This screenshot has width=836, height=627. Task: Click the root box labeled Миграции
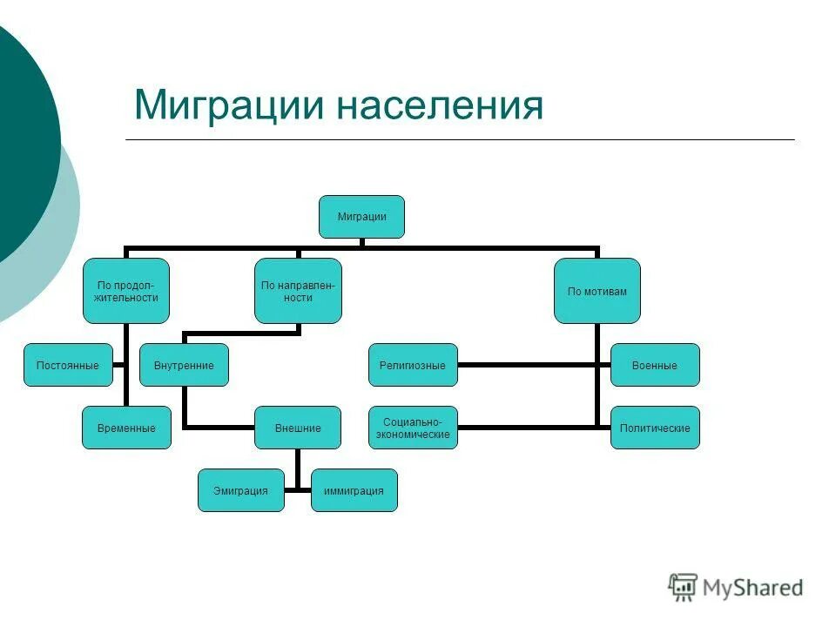coord(361,217)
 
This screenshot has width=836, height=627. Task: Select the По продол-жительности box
coord(126,291)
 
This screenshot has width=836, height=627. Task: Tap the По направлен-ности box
coord(298,291)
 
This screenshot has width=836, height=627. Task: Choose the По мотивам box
coord(597,291)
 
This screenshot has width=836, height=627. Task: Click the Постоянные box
coord(68,365)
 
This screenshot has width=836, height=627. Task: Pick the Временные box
coord(126,428)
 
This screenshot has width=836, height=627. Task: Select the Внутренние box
coord(184,365)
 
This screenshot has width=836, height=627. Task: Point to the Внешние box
coord(298,428)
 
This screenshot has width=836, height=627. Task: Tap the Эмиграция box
coord(240,490)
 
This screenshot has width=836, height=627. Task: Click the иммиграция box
coord(354,490)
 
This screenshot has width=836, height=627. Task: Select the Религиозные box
coord(413,365)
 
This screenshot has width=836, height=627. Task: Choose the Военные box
coord(655,365)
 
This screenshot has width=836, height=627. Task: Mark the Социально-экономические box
coord(413,428)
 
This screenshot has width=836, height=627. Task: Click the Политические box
coord(655,428)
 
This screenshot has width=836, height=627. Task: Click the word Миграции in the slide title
coord(228,105)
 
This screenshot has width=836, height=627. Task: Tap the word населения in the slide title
coord(441,105)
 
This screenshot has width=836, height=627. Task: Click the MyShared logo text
coord(754,588)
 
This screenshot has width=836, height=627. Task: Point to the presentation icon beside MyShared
coord(684,587)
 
